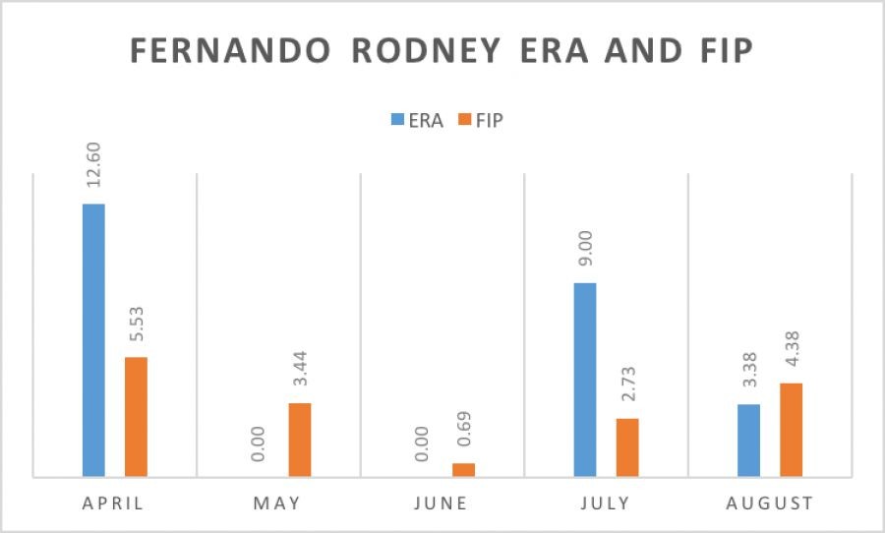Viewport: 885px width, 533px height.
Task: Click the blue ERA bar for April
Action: (x=93, y=340)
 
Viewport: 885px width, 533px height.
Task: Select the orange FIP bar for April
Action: (x=136, y=417)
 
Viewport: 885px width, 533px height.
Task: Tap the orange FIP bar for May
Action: (x=300, y=440)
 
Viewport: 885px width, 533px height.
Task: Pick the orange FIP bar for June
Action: (x=463, y=470)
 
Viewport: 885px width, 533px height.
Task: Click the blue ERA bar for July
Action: (x=585, y=380)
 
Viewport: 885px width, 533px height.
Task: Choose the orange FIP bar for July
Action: (x=627, y=447)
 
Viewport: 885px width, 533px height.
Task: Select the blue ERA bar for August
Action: (x=748, y=441)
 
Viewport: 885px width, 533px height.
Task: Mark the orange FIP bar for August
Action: (x=791, y=430)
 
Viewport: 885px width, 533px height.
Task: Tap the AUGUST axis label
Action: (x=770, y=503)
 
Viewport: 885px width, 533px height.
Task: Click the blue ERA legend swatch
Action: (x=397, y=120)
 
